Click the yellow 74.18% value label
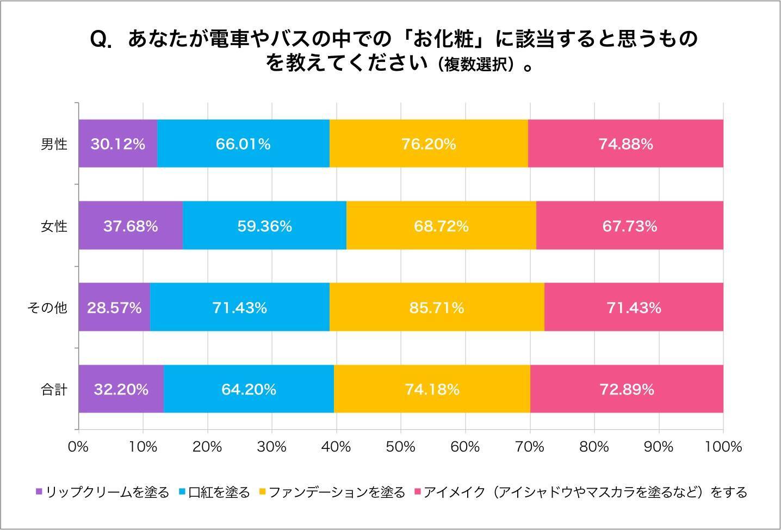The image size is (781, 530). [432, 390]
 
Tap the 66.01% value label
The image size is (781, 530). [243, 144]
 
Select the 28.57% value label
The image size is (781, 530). [114, 308]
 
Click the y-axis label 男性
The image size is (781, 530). [54, 144]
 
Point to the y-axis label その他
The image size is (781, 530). [47, 308]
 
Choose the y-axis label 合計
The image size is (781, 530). [54, 390]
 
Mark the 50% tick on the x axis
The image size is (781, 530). [401, 447]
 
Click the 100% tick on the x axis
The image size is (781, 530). [723, 447]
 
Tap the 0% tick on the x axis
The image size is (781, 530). [78, 447]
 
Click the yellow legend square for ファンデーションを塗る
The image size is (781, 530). [262, 492]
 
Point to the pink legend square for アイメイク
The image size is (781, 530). [418, 492]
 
